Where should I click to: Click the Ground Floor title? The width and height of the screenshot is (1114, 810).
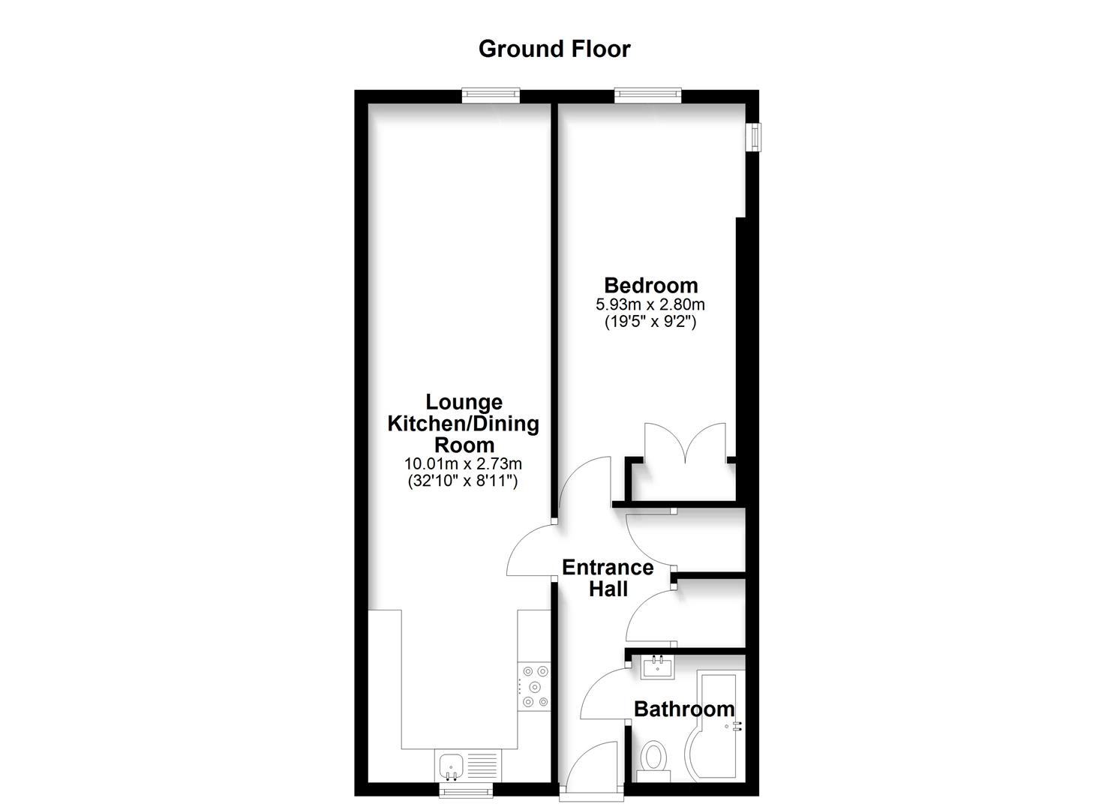click(554, 49)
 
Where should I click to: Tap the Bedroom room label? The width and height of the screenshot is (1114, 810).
click(650, 285)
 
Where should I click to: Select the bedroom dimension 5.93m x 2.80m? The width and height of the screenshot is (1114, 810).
click(650, 304)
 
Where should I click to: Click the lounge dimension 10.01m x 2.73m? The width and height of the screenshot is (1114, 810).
click(463, 464)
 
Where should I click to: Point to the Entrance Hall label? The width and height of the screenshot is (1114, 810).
click(608, 577)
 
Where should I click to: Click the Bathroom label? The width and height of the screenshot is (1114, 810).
click(684, 709)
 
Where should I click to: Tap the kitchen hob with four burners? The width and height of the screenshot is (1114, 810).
click(534, 686)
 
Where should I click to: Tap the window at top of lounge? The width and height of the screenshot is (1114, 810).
click(491, 94)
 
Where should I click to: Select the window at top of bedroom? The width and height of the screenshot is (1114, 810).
click(647, 94)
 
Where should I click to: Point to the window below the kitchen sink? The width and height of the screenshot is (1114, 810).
click(466, 789)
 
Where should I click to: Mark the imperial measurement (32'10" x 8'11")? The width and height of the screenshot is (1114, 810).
click(463, 481)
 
